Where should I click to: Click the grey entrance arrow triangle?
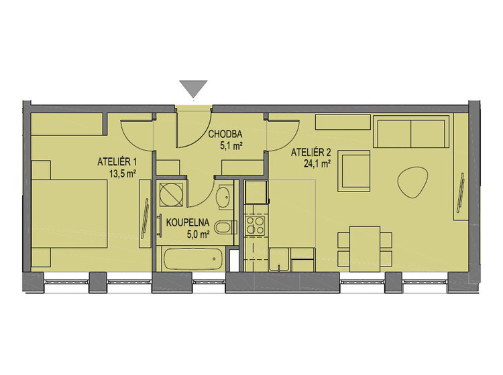pos(193,88)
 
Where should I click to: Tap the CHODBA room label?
pos(225,134)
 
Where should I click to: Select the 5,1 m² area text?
pos(230,147)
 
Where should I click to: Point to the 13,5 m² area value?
pos(121,174)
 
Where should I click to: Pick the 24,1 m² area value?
pos(317,164)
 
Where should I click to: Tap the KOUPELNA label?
pos(188,222)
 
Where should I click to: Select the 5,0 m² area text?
pos(199,235)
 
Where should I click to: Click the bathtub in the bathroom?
pos(193,258)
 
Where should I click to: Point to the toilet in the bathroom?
pos(225,228)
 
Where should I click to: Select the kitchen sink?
pos(280,259)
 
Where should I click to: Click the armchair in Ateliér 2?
pos(354,171)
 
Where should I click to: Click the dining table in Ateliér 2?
pos(365,249)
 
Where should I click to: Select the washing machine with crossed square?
pos(171,194)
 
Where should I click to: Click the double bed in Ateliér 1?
pos(69,213)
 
